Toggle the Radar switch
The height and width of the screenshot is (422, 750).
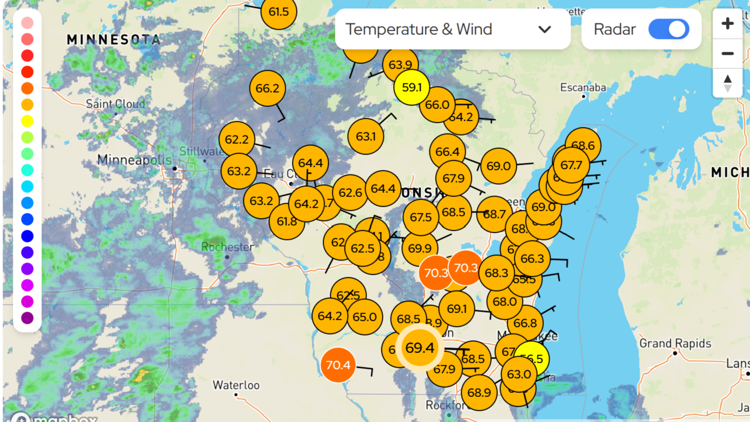pyautogui.click(x=668, y=29)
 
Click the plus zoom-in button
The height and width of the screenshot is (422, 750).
pyautogui.click(x=727, y=24)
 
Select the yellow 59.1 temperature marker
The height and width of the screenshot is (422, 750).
pyautogui.click(x=412, y=87)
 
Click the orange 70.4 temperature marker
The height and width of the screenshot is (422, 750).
pyautogui.click(x=338, y=365)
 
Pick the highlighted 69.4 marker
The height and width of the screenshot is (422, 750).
pyautogui.click(x=419, y=348)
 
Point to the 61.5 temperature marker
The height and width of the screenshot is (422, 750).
pyautogui.click(x=279, y=12)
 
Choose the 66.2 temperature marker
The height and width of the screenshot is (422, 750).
pyautogui.click(x=267, y=88)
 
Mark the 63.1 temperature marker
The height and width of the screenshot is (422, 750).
pyautogui.click(x=366, y=137)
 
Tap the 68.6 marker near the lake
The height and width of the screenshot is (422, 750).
pyautogui.click(x=583, y=145)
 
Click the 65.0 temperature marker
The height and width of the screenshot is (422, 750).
pyautogui.click(x=365, y=317)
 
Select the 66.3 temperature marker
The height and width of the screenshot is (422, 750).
pyautogui.click(x=532, y=259)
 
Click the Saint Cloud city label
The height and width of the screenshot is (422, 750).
pyautogui.click(x=116, y=104)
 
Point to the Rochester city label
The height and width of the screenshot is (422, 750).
pyautogui.click(x=228, y=247)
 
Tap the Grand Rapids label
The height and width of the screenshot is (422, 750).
pyautogui.click(x=675, y=343)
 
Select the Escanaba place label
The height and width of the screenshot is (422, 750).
pyautogui.click(x=583, y=87)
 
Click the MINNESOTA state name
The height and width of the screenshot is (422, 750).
pyautogui.click(x=113, y=39)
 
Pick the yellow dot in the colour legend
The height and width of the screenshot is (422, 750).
pyautogui.click(x=28, y=121)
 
